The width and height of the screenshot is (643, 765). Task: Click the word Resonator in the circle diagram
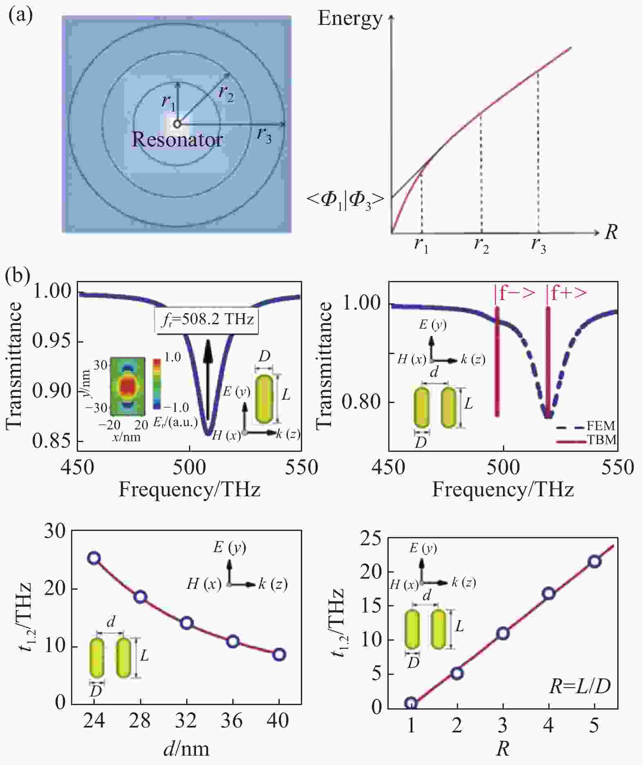click(x=177, y=139)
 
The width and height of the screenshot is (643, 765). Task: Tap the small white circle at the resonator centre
click(x=177, y=124)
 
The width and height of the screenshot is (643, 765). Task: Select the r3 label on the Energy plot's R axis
click(x=538, y=245)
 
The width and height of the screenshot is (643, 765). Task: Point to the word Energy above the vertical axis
click(x=350, y=18)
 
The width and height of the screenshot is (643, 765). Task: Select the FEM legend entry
click(x=601, y=426)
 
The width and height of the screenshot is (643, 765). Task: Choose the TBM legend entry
click(x=601, y=440)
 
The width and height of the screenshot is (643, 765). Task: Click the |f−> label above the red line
click(x=514, y=293)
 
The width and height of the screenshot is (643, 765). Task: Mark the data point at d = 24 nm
click(x=94, y=558)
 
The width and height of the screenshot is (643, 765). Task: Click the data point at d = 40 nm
click(x=279, y=654)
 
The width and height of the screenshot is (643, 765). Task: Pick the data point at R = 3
click(x=503, y=633)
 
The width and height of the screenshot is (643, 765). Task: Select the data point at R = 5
click(x=595, y=562)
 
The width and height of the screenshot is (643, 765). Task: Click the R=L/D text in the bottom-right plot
click(x=580, y=686)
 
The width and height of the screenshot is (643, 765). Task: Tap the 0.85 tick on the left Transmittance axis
click(x=51, y=441)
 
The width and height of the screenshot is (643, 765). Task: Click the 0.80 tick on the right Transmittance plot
click(x=361, y=402)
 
